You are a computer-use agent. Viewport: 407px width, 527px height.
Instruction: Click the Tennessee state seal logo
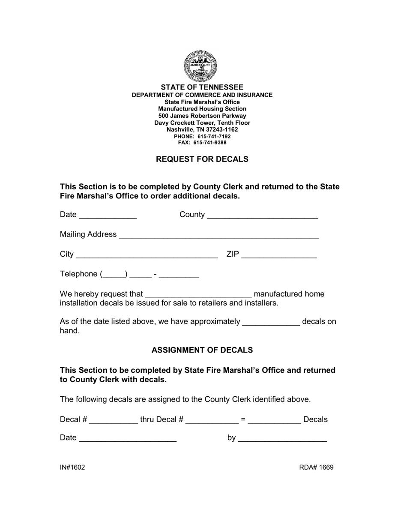point(201,66)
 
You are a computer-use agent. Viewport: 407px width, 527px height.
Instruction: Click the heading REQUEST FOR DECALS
point(202,159)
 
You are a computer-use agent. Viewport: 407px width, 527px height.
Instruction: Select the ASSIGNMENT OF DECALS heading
point(202,350)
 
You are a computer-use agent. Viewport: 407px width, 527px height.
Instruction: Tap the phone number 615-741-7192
point(214,136)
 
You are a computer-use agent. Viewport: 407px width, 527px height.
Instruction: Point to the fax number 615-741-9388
point(209,143)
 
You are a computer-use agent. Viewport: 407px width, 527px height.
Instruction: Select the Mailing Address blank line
point(218,235)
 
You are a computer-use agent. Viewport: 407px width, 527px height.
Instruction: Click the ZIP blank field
point(279,255)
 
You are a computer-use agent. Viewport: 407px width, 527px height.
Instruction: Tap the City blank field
point(147,255)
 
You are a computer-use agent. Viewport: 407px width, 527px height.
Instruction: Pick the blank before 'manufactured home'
point(198,295)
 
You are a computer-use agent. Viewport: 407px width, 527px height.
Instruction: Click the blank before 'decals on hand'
point(271,322)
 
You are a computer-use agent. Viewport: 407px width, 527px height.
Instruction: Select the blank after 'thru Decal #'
point(212,420)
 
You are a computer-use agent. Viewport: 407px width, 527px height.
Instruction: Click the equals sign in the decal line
point(243,420)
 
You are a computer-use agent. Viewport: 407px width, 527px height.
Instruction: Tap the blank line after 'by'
point(282,439)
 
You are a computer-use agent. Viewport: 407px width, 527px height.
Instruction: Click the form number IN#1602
point(72,467)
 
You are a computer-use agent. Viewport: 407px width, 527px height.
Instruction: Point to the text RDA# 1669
point(316,467)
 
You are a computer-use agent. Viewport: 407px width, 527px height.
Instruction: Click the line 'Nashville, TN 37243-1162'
point(202,129)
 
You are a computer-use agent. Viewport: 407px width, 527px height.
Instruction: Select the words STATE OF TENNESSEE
point(202,87)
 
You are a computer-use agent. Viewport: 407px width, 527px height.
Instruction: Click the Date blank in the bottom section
point(128,439)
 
